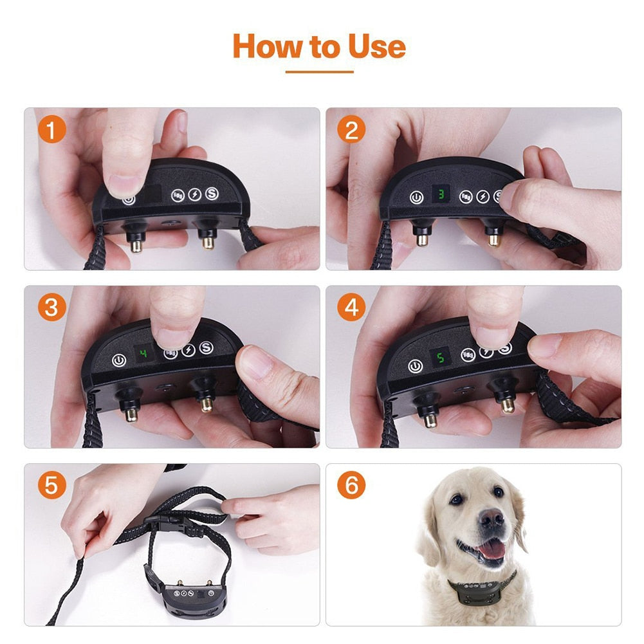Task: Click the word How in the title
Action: click(263, 46)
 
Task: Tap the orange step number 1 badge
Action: click(52, 130)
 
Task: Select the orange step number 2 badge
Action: click(351, 130)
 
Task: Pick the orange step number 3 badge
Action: click(52, 308)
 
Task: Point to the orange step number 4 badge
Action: click(351, 308)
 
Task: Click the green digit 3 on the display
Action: click(441, 193)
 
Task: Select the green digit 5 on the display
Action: click(441, 357)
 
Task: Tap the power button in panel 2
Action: click(416, 198)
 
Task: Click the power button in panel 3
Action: click(118, 361)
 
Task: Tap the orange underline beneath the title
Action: click(319, 71)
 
